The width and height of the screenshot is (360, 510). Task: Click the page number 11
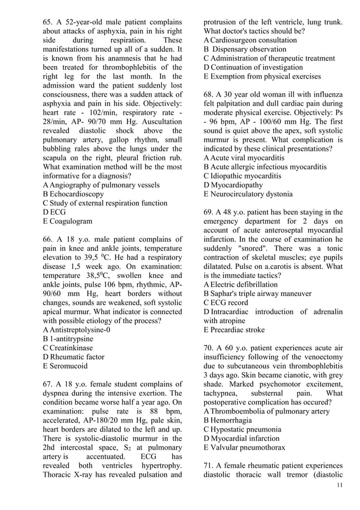coord(339,486)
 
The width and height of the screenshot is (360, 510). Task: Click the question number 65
coord(49,23)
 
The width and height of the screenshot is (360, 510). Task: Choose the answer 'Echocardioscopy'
coord(77,194)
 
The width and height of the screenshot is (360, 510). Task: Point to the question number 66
coord(49,239)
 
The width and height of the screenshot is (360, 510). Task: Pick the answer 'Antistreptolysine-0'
coord(82,330)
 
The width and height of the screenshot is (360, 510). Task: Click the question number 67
coord(49,384)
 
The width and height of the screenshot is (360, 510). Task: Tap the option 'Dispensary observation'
coord(248,50)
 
